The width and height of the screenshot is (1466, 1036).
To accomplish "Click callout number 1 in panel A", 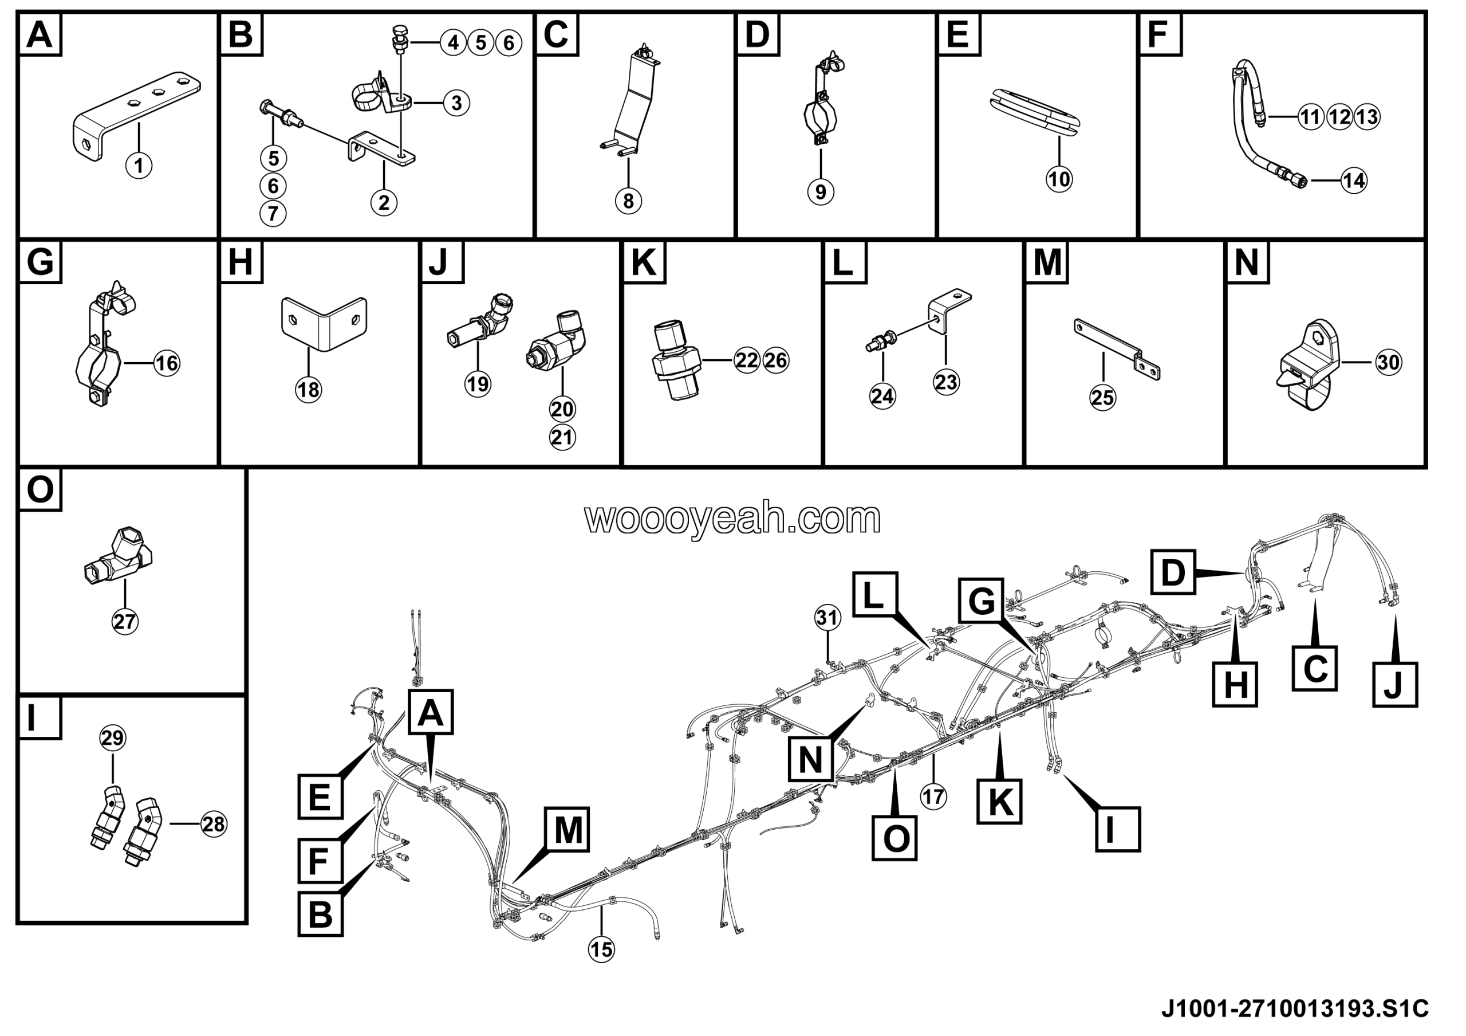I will click(139, 166).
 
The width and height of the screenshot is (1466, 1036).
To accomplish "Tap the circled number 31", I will click(827, 618).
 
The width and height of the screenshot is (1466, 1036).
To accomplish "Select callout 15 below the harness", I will click(601, 950).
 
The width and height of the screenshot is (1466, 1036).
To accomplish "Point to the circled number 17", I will click(933, 796).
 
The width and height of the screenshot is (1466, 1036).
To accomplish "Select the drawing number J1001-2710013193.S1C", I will click(1294, 1009).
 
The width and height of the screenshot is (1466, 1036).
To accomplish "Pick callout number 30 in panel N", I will click(1388, 363).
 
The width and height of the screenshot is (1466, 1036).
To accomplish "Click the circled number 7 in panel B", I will click(273, 213).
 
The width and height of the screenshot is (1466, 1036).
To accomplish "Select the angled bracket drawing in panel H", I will click(324, 323).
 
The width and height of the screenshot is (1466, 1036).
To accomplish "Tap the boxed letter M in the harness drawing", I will click(568, 830).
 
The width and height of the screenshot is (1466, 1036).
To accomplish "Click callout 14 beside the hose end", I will click(1354, 180).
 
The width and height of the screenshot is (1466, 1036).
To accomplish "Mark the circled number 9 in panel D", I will click(821, 191).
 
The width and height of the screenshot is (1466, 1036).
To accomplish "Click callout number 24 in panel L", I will click(882, 396).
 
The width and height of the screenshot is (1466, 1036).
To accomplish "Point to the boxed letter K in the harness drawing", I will click(999, 801).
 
